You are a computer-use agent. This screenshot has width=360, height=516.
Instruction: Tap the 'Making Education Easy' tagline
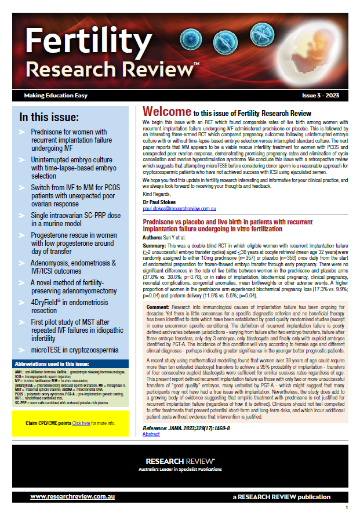[x=52, y=95]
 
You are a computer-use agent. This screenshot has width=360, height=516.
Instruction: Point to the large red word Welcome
[x=167, y=111]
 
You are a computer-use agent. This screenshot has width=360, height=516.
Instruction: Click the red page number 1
[x=346, y=508]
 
